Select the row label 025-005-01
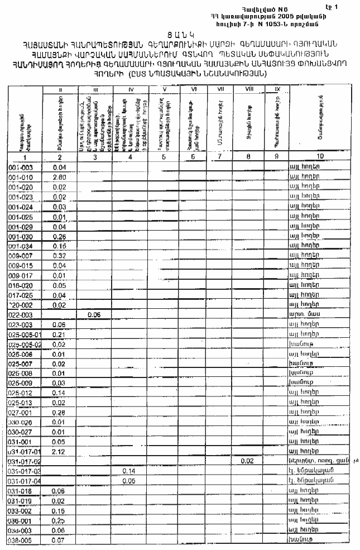click(25, 334)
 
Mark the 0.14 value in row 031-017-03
click(129, 471)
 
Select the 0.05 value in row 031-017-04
click(129, 481)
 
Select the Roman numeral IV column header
click(130, 89)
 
